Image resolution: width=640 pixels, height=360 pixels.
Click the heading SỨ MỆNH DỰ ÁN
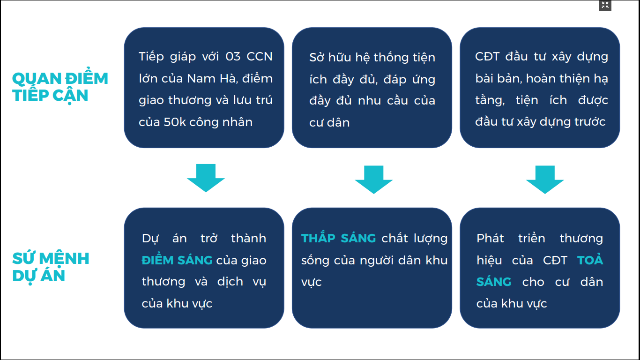(51, 267)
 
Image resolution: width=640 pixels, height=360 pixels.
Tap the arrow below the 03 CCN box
(206, 178)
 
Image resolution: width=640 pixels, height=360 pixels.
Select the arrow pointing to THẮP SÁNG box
(373, 180)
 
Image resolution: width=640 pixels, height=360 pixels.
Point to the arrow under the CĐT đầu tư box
(545, 180)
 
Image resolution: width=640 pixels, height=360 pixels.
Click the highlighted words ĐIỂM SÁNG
(177, 260)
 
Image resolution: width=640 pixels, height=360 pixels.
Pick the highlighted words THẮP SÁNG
(339, 238)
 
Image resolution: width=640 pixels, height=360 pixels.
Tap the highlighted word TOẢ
(590, 260)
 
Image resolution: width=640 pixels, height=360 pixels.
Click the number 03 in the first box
(233, 57)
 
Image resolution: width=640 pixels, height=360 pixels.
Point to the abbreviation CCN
(260, 57)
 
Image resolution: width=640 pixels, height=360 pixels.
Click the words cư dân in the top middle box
(329, 123)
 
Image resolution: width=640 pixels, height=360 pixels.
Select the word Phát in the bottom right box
(490, 238)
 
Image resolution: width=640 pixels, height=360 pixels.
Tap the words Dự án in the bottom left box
(164, 239)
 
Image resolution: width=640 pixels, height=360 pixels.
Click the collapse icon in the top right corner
(605, 5)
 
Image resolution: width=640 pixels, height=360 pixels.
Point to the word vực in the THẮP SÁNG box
(312, 282)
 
